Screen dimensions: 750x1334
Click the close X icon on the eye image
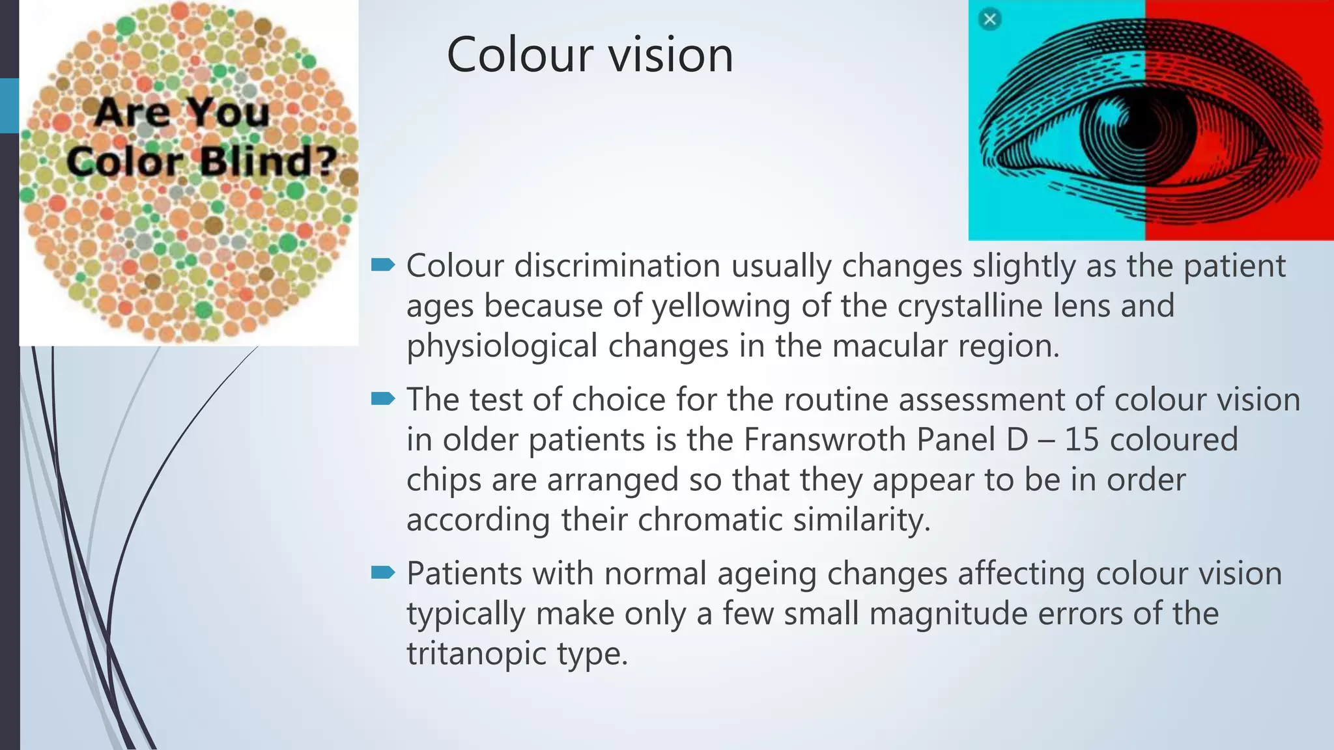(x=989, y=19)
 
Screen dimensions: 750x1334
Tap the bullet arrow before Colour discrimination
(x=383, y=264)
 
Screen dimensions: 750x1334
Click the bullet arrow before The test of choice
(x=383, y=398)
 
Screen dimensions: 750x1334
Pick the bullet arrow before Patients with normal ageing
(x=383, y=572)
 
